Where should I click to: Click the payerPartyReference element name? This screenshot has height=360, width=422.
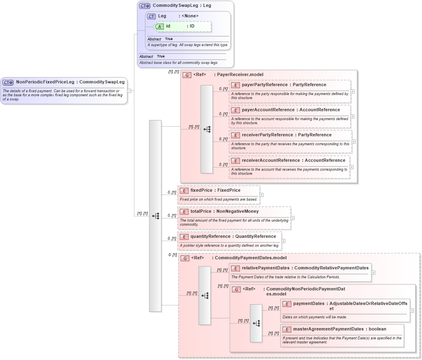pyautogui.click(x=263, y=85)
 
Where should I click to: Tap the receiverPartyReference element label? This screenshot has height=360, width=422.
pyautogui.click(x=266, y=135)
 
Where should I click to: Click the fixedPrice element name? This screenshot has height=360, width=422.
pyautogui.click(x=201, y=190)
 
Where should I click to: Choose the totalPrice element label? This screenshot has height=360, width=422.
pyautogui.click(x=201, y=211)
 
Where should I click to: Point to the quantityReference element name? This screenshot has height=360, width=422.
pyautogui.click(x=210, y=236)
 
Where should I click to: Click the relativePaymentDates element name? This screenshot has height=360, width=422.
pyautogui.click(x=265, y=268)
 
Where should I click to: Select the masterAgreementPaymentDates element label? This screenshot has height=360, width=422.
pyautogui.click(x=328, y=329)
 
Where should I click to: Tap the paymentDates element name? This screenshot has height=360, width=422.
pyautogui.click(x=309, y=303)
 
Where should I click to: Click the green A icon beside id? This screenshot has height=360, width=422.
pyautogui.click(x=160, y=26)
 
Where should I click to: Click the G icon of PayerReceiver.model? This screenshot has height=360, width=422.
pyautogui.click(x=187, y=75)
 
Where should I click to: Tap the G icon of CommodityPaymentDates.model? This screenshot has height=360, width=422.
pyautogui.click(x=185, y=258)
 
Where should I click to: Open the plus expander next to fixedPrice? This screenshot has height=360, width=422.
pyautogui.click(x=262, y=195)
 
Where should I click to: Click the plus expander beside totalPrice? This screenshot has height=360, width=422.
pyautogui.click(x=293, y=218)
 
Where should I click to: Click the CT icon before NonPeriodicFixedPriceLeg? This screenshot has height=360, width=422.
pyautogui.click(x=8, y=83)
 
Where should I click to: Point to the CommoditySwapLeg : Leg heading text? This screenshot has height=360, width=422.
pyautogui.click(x=182, y=6)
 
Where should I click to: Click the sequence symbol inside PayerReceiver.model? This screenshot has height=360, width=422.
pyautogui.click(x=207, y=129)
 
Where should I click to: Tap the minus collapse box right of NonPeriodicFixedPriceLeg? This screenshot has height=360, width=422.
pyautogui.click(x=129, y=91)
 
